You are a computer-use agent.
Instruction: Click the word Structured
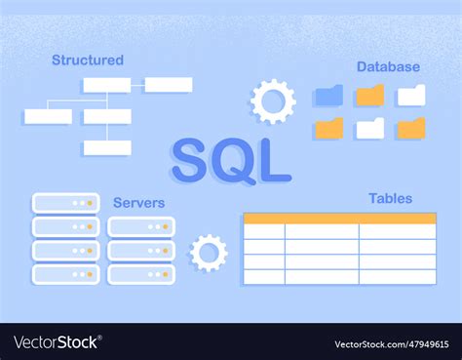point(88,60)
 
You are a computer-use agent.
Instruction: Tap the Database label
point(388,66)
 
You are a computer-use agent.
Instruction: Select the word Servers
point(138,202)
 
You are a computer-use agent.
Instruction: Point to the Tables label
point(390,198)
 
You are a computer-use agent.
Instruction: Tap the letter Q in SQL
point(233,161)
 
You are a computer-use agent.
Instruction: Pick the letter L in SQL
point(274,161)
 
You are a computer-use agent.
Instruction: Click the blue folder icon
point(328,96)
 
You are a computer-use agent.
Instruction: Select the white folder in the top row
point(411,95)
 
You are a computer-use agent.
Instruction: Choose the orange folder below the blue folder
point(328,128)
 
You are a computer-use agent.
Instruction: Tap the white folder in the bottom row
point(369,128)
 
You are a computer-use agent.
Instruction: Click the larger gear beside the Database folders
point(273,100)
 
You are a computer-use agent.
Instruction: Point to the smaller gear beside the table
point(208,253)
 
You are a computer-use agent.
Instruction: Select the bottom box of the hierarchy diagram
point(107,148)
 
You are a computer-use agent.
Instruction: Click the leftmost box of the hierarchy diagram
point(48,116)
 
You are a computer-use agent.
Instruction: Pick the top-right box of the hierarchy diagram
point(169,85)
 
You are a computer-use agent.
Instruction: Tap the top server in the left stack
point(66,203)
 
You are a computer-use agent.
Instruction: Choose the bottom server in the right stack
point(141,274)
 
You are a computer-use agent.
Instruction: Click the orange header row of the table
point(339,219)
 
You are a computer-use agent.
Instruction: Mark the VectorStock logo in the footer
point(57,342)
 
